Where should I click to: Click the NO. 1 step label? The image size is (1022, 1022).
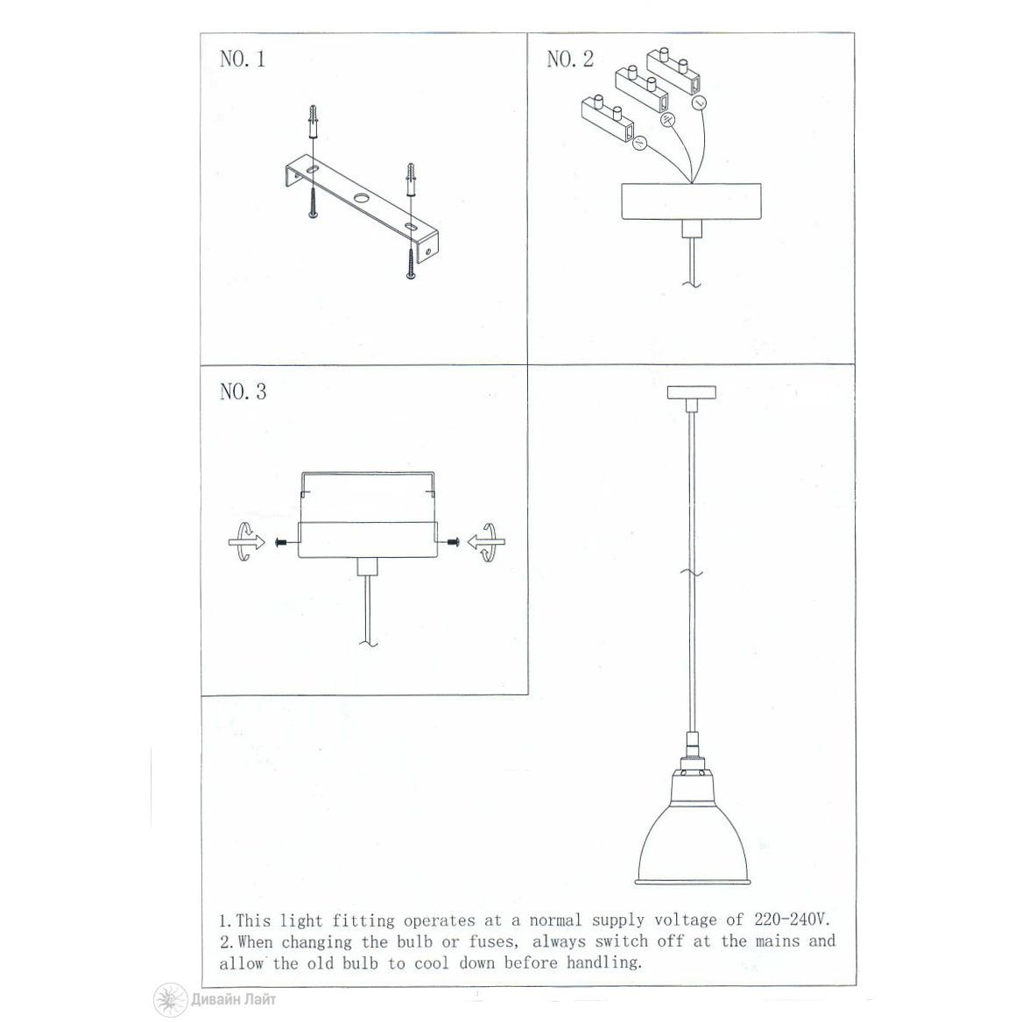tap(243, 60)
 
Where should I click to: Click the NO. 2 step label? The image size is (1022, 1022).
tap(570, 60)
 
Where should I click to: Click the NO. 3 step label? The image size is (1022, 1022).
tap(243, 391)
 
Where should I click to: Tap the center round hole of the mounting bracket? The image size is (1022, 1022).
tap(361, 198)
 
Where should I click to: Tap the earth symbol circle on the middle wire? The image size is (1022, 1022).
tap(667, 120)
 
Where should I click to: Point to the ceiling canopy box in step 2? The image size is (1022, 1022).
tap(691, 201)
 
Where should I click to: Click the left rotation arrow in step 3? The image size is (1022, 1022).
tap(247, 541)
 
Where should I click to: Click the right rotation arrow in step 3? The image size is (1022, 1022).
tap(486, 541)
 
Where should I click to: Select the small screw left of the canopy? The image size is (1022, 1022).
tap(282, 542)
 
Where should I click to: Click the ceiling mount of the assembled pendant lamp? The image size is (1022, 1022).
tap(692, 392)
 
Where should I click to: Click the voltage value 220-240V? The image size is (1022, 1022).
tap(793, 920)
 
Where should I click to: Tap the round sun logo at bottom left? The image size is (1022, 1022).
tap(170, 999)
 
